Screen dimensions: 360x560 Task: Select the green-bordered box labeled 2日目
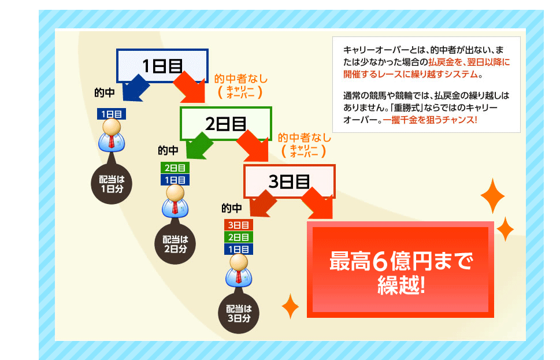pos(225,123)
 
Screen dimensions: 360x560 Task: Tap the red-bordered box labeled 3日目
pos(289,181)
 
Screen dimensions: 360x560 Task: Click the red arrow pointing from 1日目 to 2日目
pos(191,86)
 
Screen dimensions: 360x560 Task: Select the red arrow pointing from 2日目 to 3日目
pos(254,144)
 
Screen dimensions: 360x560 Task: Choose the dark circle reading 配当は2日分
pos(175,243)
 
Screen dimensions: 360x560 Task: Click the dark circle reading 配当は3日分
pos(238,313)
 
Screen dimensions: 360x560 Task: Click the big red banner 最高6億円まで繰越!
pos(400,270)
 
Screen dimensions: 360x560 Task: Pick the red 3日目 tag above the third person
pos(238,225)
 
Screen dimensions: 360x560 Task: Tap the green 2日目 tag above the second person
pos(175,168)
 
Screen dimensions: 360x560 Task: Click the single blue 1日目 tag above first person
pos(112,114)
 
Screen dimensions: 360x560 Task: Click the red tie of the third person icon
pos(238,276)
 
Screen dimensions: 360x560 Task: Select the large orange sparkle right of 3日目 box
pos(492,196)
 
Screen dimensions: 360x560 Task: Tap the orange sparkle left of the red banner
pos(290,306)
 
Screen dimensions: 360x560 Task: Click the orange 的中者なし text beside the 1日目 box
pos(241,78)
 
